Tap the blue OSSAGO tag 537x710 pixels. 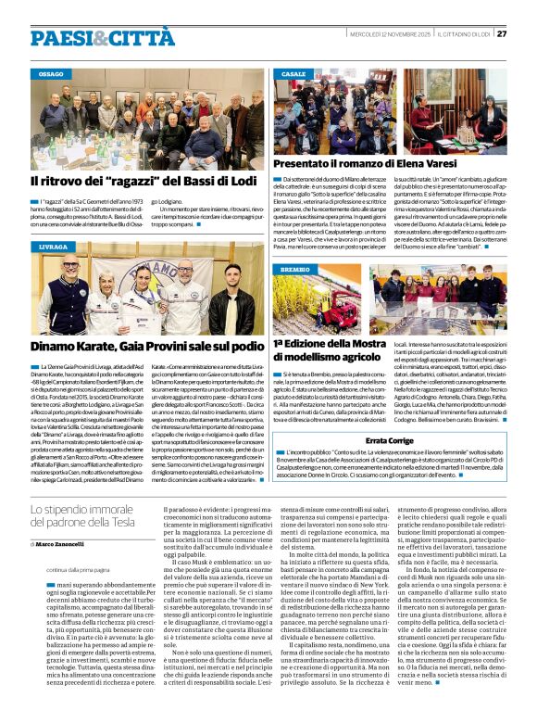[x=51, y=73]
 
